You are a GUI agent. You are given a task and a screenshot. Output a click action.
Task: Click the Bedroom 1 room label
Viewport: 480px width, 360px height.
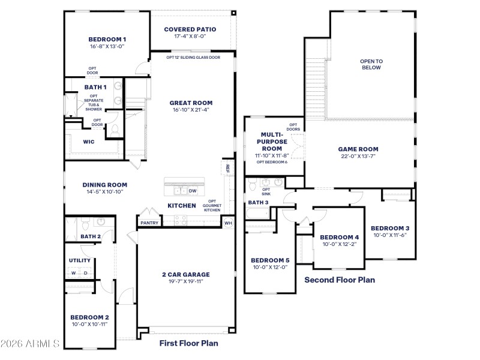(107, 39)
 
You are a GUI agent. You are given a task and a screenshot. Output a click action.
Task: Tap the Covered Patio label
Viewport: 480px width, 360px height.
(190, 29)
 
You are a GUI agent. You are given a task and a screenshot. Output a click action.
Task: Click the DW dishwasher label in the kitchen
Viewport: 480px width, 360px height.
(193, 191)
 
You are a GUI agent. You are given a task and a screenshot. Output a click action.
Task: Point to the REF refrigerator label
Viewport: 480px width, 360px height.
(227, 169)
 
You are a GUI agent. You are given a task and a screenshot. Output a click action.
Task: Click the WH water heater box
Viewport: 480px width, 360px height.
(227, 223)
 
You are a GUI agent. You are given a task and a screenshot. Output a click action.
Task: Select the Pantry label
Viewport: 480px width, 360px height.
(149, 223)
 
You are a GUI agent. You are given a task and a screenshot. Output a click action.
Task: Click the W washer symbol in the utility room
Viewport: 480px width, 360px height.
(74, 273)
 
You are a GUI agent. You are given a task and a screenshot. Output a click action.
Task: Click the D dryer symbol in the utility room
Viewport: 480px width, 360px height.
(85, 273)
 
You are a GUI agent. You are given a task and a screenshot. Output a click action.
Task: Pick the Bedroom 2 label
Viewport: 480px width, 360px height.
(89, 317)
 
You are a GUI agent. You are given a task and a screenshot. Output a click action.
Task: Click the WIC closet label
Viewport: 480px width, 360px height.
(88, 142)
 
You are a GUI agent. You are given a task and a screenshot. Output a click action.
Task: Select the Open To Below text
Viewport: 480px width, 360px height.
(371, 64)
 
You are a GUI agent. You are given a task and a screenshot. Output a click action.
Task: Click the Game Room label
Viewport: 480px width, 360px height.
(358, 149)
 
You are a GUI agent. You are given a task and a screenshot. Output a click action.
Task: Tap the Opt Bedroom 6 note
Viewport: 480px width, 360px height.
(272, 162)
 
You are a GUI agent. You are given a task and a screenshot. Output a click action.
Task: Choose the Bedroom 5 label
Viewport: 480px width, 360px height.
(270, 260)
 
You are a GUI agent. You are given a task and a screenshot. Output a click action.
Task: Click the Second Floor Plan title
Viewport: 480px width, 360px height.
(340, 280)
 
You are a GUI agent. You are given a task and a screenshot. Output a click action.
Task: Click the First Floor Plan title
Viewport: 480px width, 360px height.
(188, 343)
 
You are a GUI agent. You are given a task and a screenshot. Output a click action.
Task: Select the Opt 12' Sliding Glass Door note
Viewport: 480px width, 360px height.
(190, 58)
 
